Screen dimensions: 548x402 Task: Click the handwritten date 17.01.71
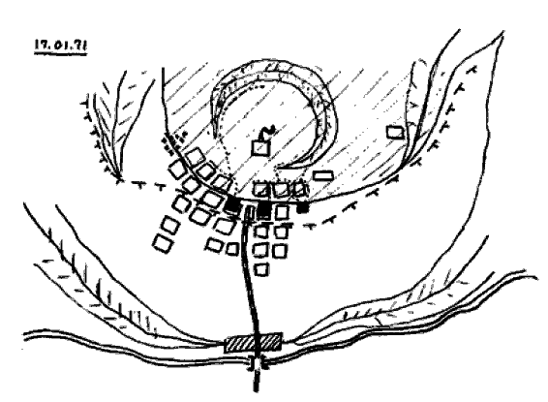60,46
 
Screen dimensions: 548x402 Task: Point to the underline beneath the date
60,53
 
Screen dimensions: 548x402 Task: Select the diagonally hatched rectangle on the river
253,342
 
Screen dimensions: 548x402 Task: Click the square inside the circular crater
260,148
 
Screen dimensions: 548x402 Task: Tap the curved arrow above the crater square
268,133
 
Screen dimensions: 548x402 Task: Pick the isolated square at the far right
395,132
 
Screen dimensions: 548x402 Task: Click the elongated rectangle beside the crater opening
322,175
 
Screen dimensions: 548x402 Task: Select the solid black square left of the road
231,204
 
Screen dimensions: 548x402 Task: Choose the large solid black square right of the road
264,211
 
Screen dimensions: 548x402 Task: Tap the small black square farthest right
303,207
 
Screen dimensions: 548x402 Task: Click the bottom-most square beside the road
261,269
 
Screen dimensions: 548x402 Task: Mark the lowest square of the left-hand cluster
163,243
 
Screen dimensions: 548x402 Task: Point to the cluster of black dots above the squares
174,139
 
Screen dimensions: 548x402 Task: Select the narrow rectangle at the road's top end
249,213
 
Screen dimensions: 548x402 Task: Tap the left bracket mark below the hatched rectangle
251,363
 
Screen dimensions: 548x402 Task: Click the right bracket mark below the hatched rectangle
264,363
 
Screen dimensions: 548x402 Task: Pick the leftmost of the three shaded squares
261,190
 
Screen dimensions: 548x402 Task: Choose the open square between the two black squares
282,212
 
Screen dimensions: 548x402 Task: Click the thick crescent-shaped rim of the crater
327,105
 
